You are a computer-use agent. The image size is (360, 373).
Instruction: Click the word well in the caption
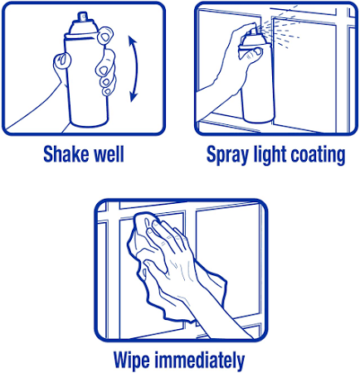[x=109, y=153]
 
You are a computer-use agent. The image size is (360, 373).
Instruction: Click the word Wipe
[x=132, y=361]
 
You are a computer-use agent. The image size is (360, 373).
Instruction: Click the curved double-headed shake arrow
[x=136, y=69]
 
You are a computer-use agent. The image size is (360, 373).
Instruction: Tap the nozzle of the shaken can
[x=82, y=17]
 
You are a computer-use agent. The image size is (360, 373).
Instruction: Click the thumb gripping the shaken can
[x=62, y=61]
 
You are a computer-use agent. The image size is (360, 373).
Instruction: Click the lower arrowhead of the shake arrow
[x=134, y=97]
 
